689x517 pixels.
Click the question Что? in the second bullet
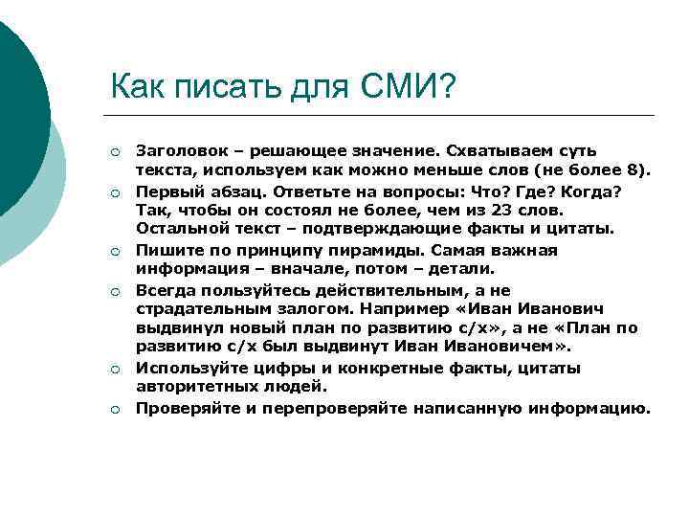tap(490, 191)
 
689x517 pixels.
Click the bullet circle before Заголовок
tap(115, 152)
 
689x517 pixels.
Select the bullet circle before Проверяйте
tap(115, 409)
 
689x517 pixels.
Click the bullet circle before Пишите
tap(115, 251)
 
